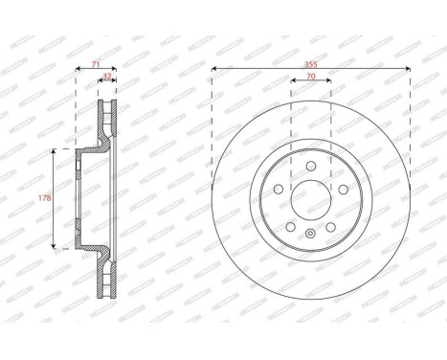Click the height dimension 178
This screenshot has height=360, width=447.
point(41,199)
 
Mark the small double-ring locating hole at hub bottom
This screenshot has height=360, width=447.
point(310,235)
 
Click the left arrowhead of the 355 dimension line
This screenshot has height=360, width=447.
point(214,68)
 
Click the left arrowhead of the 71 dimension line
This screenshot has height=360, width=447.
point(77,69)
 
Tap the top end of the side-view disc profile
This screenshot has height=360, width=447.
point(107,101)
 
